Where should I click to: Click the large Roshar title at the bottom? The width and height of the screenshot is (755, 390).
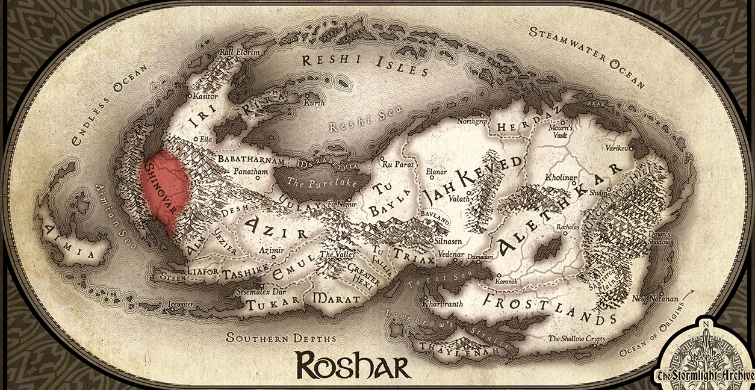pyautogui.click(x=352, y=365)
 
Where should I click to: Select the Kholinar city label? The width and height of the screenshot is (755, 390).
pyautogui.click(x=561, y=178)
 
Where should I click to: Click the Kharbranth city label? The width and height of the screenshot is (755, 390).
pyautogui.click(x=443, y=304)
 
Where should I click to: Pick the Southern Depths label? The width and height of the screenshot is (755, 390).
pyautogui.click(x=281, y=337)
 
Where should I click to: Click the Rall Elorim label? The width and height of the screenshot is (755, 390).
pyautogui.click(x=240, y=52)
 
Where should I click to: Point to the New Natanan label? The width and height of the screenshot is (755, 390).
pyautogui.click(x=654, y=299)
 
